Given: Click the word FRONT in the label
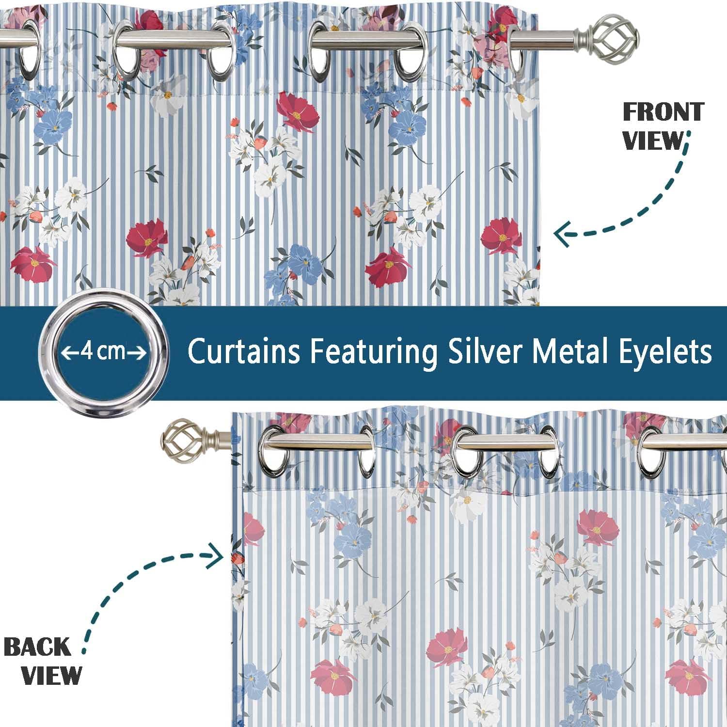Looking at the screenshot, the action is (663, 112).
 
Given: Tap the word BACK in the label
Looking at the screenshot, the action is (37, 648).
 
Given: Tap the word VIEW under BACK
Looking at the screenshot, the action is (52, 675).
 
